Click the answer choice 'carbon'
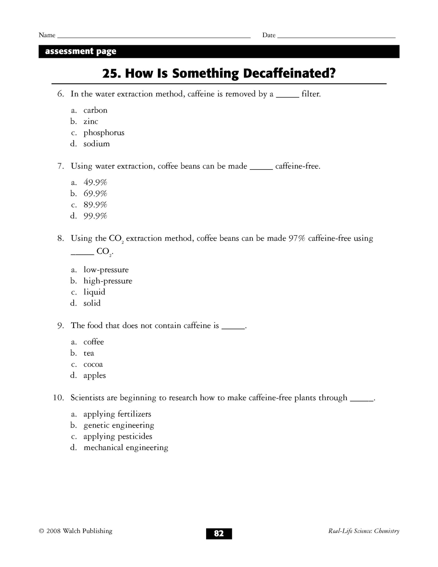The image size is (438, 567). point(95,110)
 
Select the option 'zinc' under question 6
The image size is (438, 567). point(91,122)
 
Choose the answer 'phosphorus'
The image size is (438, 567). point(104,133)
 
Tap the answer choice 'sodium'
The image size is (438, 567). point(96,144)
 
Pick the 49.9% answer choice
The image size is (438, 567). point(95,183)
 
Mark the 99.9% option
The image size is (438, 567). point(95,216)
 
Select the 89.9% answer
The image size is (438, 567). point(95,205)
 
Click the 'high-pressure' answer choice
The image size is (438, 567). point(108,281)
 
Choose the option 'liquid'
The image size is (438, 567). point(94,292)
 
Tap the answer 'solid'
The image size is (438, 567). point(92,303)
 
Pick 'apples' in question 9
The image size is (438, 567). point(95,376)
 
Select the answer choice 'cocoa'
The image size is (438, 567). point(93,364)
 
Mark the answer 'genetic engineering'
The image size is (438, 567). point(119,425)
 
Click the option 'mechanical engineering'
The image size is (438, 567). point(125,448)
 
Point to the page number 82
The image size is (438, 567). point(219,533)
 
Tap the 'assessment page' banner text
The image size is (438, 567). point(81,52)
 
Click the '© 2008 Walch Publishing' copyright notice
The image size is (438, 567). point(76,531)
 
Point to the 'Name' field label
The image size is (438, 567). point(47,35)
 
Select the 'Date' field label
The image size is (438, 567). point(269,35)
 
